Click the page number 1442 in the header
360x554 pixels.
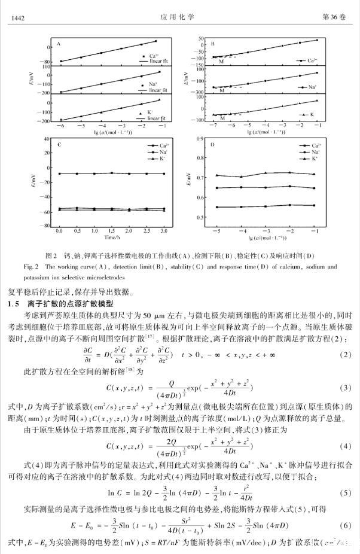tap(17, 19)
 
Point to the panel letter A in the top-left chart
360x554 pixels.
tap(59, 44)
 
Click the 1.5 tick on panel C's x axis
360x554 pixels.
tap(112, 230)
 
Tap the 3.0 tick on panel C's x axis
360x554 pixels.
tap(164, 230)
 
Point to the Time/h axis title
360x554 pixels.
tap(112, 238)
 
